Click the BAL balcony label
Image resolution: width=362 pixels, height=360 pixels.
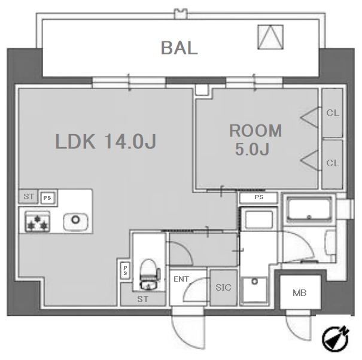pyautogui.click(x=179, y=48)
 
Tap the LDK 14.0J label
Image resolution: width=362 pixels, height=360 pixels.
pyautogui.click(x=106, y=141)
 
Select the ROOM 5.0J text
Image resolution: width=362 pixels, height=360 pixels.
pyautogui.click(x=255, y=139)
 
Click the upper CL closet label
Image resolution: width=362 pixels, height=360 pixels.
pyautogui.click(x=333, y=113)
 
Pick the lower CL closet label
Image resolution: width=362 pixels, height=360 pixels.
pyautogui.click(x=333, y=163)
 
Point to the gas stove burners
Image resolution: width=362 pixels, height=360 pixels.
pyautogui.click(x=38, y=221)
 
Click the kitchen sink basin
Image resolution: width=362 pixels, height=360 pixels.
pyautogui.click(x=75, y=221)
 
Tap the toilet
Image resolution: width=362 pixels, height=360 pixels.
pyautogui.click(x=150, y=274)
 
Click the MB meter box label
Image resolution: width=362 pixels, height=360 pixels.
pyautogui.click(x=299, y=293)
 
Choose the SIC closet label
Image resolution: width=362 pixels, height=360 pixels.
pyautogui.click(x=223, y=287)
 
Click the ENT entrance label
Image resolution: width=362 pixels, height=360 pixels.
pyautogui.click(x=181, y=279)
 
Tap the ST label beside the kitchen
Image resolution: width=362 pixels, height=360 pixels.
pyautogui.click(x=29, y=196)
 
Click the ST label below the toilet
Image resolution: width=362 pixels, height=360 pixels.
pyautogui.click(x=142, y=299)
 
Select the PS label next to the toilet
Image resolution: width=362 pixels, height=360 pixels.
pyautogui.click(x=125, y=270)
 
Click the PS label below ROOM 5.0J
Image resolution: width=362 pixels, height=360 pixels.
pyautogui.click(x=259, y=197)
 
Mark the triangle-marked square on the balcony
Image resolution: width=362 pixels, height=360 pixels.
pyautogui.click(x=270, y=37)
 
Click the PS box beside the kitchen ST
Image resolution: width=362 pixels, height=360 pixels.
pyautogui.click(x=47, y=198)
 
